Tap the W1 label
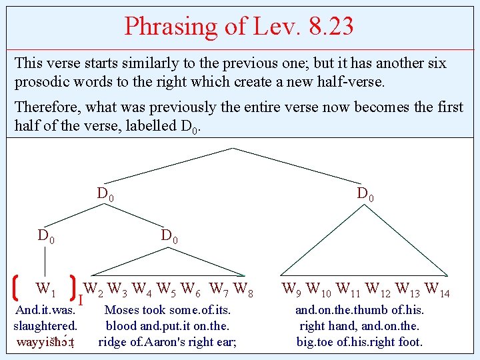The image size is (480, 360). pyautogui.click(x=45, y=289)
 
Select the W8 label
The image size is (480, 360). pyautogui.click(x=244, y=289)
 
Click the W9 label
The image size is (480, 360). pyautogui.click(x=292, y=289)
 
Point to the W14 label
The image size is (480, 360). pyautogui.click(x=437, y=289)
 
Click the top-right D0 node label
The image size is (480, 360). pyautogui.click(x=365, y=194)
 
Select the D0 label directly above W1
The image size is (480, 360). pyautogui.click(x=46, y=235)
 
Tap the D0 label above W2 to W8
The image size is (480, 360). pyautogui.click(x=169, y=235)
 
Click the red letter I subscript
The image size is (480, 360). pyautogui.click(x=80, y=302)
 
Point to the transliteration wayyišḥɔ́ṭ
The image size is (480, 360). pyautogui.click(x=45, y=343)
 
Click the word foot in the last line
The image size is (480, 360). pyautogui.click(x=409, y=343)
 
